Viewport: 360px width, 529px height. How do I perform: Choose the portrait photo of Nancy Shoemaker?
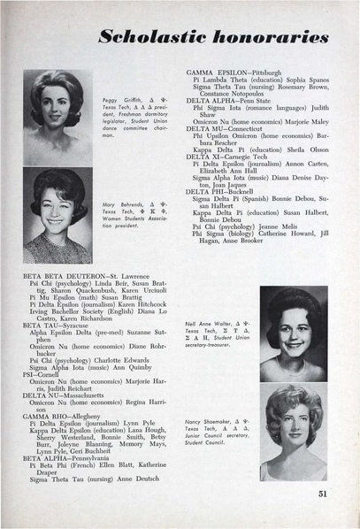(293, 433)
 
